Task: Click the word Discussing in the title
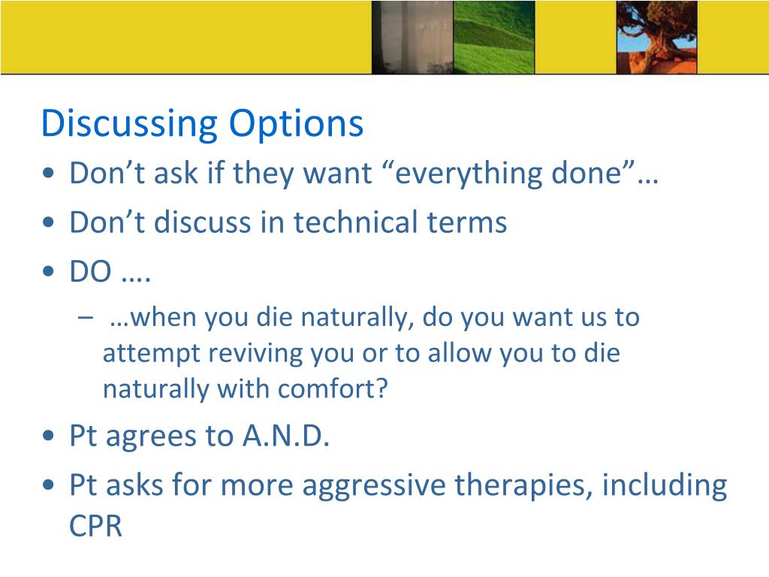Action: pyautogui.click(x=129, y=124)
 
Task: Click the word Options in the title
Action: pyautogui.click(x=296, y=124)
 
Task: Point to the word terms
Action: pyautogui.click(x=467, y=222)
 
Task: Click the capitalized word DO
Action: pyautogui.click(x=91, y=271)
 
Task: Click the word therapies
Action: pyautogui.click(x=523, y=486)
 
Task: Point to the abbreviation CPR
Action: pyautogui.click(x=95, y=527)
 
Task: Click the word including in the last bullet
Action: pyautogui.click(x=665, y=486)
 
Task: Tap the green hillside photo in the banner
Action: pyautogui.click(x=494, y=38)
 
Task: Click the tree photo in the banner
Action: pyautogui.click(x=656, y=38)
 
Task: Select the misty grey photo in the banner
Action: pyautogui.click(x=412, y=38)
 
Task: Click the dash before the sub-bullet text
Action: pyautogui.click(x=86, y=318)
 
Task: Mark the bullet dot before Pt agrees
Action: pyautogui.click(x=48, y=436)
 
